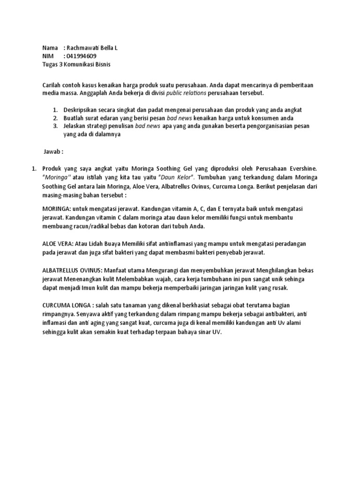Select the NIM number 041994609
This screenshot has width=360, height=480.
tap(82, 56)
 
